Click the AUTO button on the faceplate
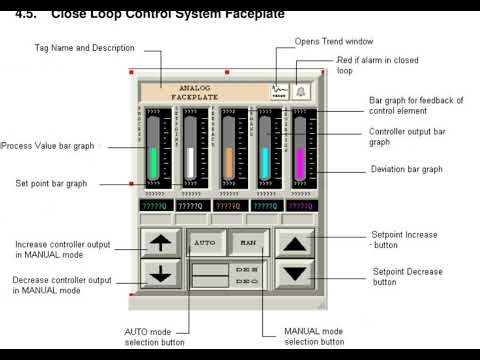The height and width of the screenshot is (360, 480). [x=205, y=242]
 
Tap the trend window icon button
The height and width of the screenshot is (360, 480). [x=279, y=91]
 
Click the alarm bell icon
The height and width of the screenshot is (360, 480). [x=301, y=91]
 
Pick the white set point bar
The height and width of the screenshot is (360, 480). [x=190, y=163]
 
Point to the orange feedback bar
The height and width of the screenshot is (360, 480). [x=228, y=163]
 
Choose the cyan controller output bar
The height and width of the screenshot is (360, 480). [x=265, y=163]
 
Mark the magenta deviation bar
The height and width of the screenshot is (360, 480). [x=298, y=163]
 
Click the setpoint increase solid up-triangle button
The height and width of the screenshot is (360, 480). [x=293, y=242]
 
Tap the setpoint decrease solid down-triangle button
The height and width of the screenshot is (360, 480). [x=293, y=272]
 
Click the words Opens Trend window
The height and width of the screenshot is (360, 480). [x=333, y=41]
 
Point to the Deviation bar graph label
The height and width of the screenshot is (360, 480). [x=406, y=169]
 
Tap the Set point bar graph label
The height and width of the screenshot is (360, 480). [x=51, y=184]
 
